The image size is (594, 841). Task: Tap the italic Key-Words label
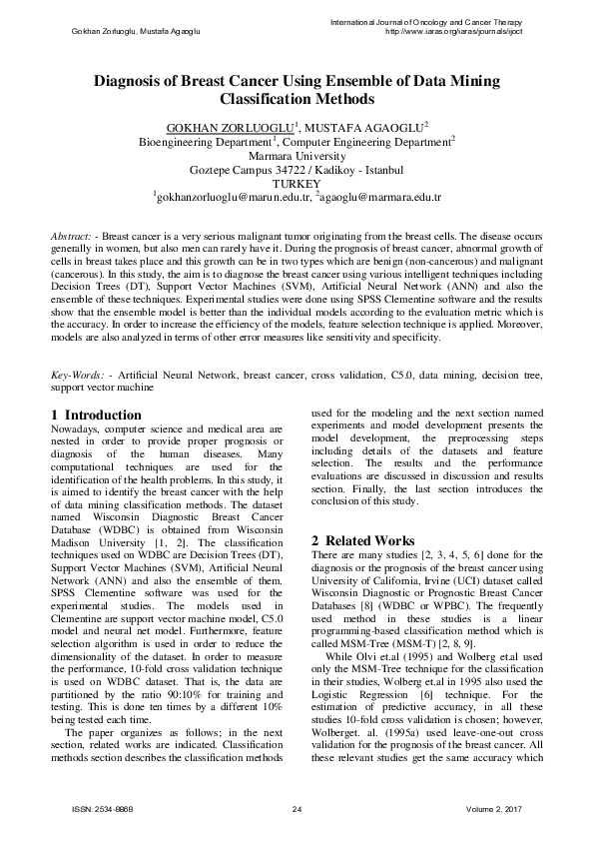click(x=79, y=375)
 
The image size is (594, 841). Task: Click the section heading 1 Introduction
click(x=96, y=415)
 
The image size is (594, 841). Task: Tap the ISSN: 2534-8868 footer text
click(x=104, y=807)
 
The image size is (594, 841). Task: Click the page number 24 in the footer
click(x=297, y=807)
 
